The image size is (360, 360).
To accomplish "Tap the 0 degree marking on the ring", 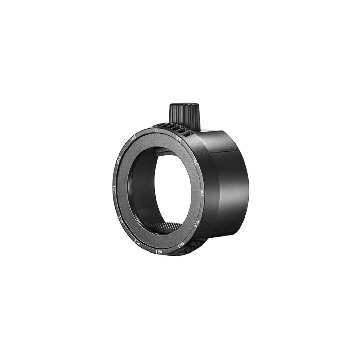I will (x=156, y=132).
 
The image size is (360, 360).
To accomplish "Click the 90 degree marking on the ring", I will (x=202, y=192).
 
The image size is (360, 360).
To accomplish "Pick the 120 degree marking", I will (x=196, y=223).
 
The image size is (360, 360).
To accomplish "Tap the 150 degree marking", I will (x=181, y=246).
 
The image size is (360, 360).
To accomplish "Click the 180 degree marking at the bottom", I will (x=159, y=251).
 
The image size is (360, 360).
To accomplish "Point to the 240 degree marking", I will (x=121, y=219).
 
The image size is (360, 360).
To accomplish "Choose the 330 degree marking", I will (x=133, y=138).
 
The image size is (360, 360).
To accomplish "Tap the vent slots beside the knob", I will (x=177, y=130).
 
